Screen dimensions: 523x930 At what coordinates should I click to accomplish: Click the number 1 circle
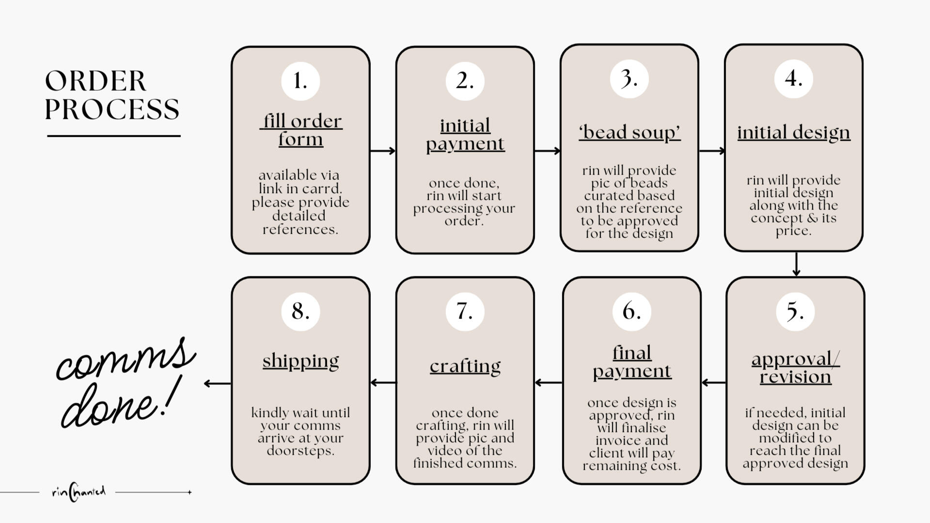300,81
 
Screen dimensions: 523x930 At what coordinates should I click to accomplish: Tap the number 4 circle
793,79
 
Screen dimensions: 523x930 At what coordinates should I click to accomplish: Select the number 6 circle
631,311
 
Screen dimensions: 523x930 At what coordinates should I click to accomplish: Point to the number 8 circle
300,311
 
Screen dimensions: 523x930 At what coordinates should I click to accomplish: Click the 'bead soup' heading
630,132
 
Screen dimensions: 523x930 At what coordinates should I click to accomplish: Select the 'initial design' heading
793,132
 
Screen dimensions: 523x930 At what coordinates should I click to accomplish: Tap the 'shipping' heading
300,361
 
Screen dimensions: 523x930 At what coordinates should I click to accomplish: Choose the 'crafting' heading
465,366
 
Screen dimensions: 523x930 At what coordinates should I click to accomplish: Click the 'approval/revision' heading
795,368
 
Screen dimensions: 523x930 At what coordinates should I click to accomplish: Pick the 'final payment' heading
632,362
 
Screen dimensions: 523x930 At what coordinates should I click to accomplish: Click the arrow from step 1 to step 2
383,151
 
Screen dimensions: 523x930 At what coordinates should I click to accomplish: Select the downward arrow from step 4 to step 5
796,264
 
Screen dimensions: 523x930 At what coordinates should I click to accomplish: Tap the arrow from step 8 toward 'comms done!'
217,383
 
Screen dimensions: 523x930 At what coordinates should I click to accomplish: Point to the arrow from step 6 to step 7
548,382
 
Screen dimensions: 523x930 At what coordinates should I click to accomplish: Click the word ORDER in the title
95,81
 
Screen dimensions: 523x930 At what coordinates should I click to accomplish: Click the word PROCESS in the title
112,110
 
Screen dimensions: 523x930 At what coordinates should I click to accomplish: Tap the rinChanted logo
79,492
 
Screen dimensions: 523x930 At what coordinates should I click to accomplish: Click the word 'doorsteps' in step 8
300,451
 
